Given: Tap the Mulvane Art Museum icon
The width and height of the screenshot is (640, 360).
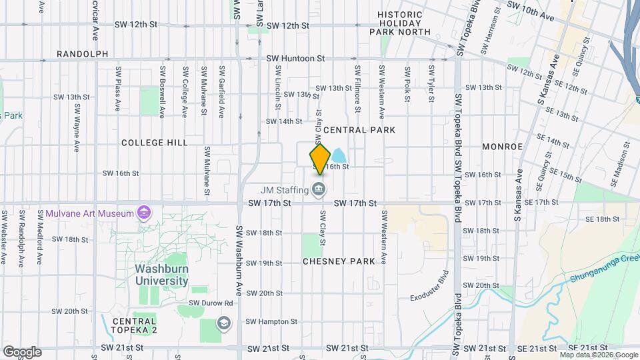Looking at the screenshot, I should click(x=143, y=213).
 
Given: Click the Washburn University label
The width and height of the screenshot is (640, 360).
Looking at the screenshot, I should click(x=161, y=275).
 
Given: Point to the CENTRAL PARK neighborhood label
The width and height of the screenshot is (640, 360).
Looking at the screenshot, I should click(x=359, y=130).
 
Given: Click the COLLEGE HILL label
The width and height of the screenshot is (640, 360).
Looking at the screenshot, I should click(x=154, y=143).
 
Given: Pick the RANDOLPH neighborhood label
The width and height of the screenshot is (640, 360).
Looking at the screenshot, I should click(x=83, y=54).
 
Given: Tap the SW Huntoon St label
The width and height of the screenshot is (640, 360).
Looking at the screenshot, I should click(x=295, y=59).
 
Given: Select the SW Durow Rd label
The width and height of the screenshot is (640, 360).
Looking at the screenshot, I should click(x=211, y=303).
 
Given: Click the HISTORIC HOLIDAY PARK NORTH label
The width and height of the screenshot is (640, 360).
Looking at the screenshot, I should click(x=399, y=23).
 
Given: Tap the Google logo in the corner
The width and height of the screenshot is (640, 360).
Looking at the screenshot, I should click(x=21, y=351).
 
